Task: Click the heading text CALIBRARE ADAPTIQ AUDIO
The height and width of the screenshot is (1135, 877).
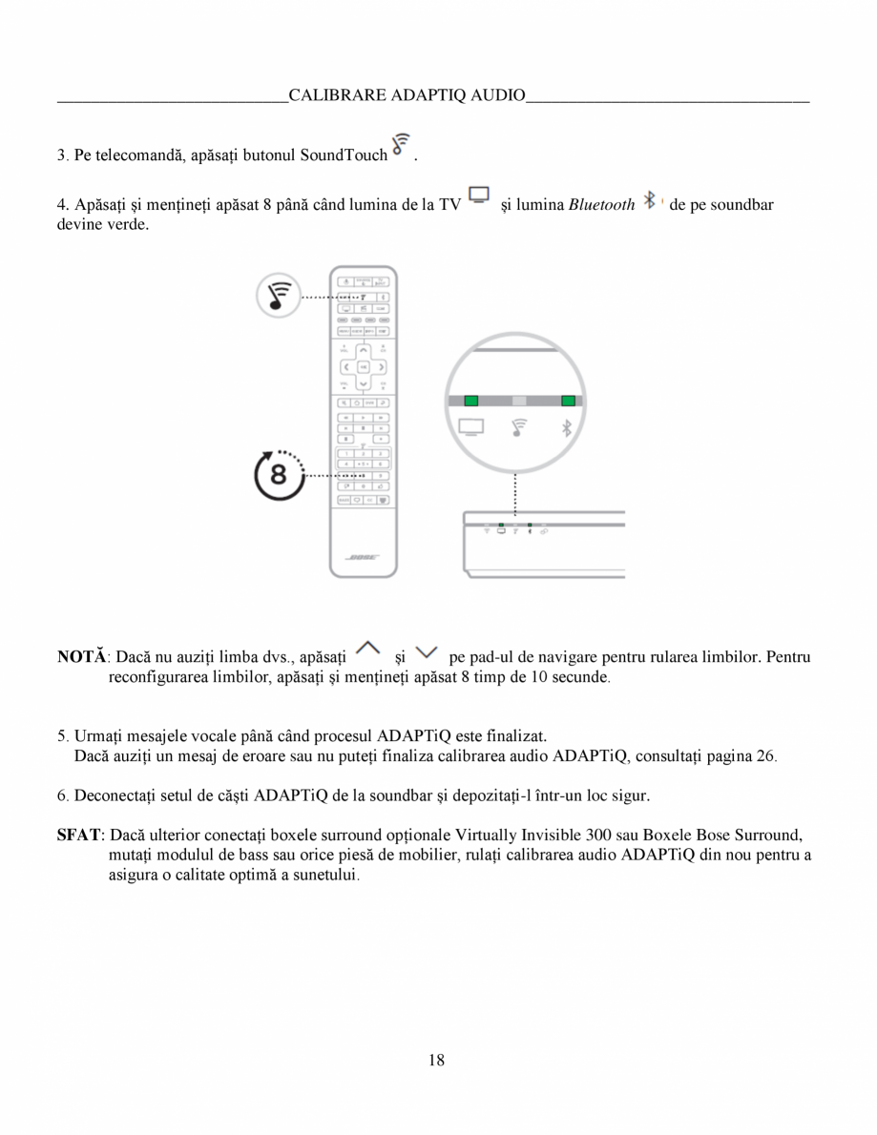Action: click(407, 95)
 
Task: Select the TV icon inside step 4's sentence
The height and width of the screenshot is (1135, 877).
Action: click(479, 196)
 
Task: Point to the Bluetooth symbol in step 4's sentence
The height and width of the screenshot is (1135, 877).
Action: click(650, 200)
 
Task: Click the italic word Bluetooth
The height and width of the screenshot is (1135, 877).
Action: click(601, 204)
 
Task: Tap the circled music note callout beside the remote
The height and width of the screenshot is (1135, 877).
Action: click(279, 297)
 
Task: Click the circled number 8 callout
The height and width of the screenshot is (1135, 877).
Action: click(278, 474)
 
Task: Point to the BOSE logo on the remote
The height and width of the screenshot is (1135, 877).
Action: click(363, 556)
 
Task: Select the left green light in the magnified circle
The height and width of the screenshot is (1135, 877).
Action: click(470, 401)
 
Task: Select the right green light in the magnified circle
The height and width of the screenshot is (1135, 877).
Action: click(568, 401)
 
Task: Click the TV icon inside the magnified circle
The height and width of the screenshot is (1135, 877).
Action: click(471, 428)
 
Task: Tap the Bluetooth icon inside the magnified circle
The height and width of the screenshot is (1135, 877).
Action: click(566, 428)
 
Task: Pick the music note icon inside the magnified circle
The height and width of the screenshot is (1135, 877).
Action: click(519, 428)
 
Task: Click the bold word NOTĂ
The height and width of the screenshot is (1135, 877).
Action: click(82, 657)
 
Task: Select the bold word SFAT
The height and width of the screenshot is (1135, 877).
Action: click(79, 835)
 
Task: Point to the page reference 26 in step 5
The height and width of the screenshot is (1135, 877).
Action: click(766, 756)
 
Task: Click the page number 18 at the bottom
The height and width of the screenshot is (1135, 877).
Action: click(437, 1060)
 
